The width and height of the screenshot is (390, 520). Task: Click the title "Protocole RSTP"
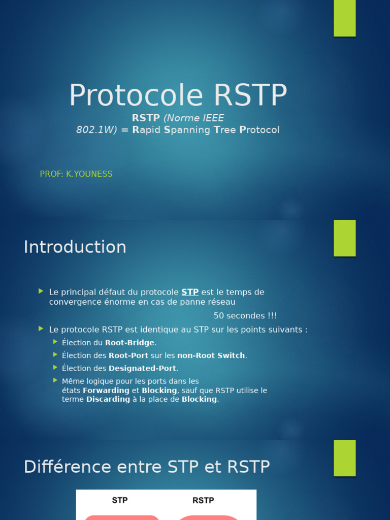[178, 95]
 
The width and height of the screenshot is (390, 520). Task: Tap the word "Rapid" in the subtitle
[146, 130]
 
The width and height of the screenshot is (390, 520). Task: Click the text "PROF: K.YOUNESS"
[76, 174]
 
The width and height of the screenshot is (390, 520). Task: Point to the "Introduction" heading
[75, 247]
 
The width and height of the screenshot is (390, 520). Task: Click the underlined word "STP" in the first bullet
[190, 292]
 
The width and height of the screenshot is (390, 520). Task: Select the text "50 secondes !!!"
[245, 316]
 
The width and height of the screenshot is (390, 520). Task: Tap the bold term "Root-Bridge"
[129, 343]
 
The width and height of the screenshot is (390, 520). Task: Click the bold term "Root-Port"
[128, 355]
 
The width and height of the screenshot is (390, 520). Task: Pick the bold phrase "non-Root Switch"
[211, 355]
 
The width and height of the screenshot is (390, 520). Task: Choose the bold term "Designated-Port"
[142, 368]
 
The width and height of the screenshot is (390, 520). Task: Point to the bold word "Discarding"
[108, 399]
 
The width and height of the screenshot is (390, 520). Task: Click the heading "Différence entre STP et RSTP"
[147, 467]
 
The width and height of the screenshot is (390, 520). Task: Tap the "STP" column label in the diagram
[120, 500]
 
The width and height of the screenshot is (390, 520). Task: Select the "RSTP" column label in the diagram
[203, 500]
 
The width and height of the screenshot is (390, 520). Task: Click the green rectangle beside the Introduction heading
[345, 238]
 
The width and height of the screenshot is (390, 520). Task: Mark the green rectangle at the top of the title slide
[345, 18]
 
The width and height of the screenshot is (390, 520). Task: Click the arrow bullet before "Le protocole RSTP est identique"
[41, 329]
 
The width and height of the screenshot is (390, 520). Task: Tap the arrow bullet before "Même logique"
[55, 380]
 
